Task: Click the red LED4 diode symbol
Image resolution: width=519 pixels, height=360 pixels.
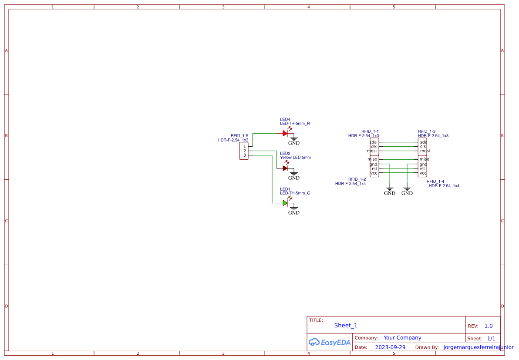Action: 285,133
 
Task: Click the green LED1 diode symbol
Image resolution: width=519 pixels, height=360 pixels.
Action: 285,203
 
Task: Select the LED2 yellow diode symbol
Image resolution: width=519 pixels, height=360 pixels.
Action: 285,168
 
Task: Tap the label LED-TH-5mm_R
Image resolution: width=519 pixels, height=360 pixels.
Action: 295,124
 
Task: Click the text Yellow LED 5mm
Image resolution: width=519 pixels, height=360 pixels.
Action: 295,158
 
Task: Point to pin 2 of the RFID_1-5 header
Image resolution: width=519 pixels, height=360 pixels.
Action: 245,151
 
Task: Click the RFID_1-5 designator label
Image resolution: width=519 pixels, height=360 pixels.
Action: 239,136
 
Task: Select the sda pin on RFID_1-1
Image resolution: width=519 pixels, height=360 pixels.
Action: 373,142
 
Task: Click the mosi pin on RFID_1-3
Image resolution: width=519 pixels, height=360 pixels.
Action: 425,151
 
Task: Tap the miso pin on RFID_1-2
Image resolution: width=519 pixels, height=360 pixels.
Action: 372,159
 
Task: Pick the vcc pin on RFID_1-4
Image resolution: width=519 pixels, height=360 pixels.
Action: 423,173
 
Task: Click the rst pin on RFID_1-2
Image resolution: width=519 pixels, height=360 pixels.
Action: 374,169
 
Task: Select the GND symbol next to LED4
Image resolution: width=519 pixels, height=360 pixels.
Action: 294,141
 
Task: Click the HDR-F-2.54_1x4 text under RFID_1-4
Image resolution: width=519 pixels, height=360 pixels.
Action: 444,186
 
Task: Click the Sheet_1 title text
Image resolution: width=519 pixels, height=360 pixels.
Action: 346,326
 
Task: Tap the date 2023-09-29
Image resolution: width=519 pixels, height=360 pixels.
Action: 390,347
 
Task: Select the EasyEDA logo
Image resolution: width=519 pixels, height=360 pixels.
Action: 330,343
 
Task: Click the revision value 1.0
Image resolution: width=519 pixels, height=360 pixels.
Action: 489,326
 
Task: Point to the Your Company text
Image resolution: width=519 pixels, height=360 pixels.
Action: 402,338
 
